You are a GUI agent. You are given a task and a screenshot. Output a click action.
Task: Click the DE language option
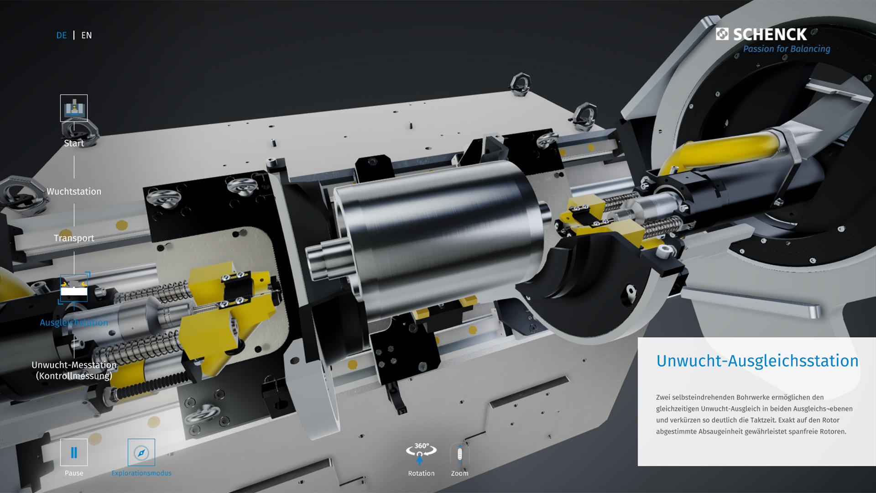click(62, 35)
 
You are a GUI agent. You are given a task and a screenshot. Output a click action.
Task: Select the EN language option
click(87, 35)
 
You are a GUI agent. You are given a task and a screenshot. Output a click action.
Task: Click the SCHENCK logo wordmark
click(770, 34)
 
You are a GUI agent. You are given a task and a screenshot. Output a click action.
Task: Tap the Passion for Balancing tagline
click(787, 49)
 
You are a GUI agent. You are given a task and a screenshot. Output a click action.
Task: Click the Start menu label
click(74, 143)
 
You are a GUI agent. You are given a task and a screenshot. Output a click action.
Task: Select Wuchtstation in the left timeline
click(74, 191)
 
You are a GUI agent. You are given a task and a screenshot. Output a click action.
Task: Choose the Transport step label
click(74, 238)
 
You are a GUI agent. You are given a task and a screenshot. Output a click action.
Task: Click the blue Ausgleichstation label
click(74, 322)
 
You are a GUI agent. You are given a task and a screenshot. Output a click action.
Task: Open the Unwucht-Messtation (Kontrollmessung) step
click(74, 370)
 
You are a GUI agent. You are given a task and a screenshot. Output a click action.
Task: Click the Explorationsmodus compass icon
click(141, 452)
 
